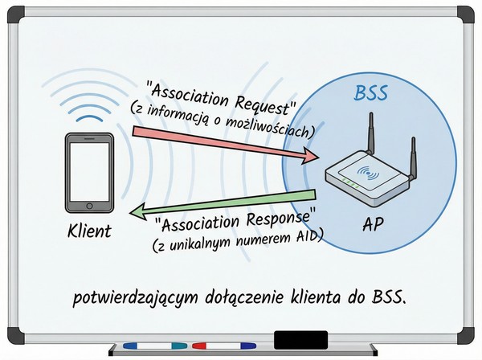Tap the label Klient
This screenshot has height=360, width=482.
tap(88, 232)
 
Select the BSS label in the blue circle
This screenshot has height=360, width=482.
tap(371, 93)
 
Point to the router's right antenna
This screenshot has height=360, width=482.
tap(415, 157)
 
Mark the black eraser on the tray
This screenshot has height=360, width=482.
tap(300, 339)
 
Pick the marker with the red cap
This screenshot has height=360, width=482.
tap(199, 346)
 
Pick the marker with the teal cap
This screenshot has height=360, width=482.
tap(178, 346)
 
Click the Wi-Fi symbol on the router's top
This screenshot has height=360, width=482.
tap(370, 171)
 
